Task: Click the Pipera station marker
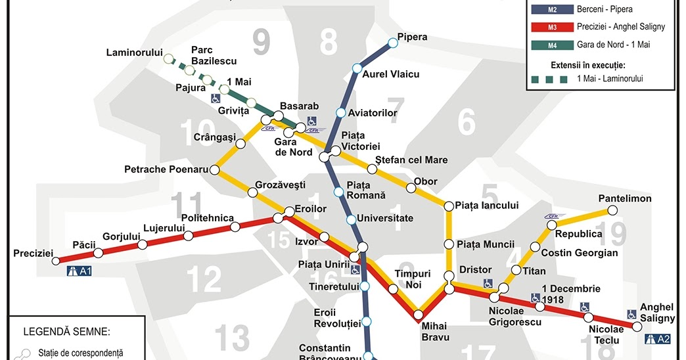pos(393,43)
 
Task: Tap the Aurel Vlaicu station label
pos(391,74)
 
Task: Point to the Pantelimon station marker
pos(612,210)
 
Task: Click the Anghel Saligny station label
pos(657,313)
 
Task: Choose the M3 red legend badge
pos(552,27)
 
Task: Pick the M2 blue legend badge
pos(552,10)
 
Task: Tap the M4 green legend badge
pos(552,45)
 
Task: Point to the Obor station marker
pos(411,189)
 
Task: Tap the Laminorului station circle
pos(169,58)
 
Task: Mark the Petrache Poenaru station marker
pos(214,169)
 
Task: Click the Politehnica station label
pos(207,218)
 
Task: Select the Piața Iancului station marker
pos(449,206)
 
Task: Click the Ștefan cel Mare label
pos(411,160)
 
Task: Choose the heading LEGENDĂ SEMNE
pos(67,331)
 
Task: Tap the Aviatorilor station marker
pos(340,113)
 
